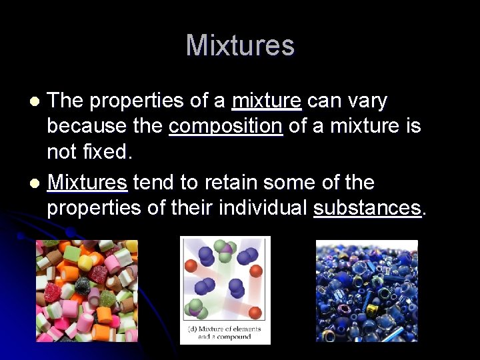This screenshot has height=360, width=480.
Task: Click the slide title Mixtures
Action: tap(240, 46)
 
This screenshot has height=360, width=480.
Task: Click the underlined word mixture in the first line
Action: tap(266, 101)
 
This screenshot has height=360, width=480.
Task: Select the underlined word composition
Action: tap(225, 127)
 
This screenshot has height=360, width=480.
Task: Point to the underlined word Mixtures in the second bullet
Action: tap(87, 182)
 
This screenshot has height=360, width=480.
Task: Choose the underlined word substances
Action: tap(367, 208)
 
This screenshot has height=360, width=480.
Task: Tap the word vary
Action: tap(368, 101)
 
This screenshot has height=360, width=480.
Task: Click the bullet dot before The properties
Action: tap(37, 101)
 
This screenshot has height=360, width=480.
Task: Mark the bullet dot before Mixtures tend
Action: tap(37, 183)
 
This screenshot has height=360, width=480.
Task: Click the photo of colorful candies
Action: tap(87, 291)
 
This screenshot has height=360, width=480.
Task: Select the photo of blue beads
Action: tap(367, 291)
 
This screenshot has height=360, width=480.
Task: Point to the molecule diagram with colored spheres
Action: tap(225, 280)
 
